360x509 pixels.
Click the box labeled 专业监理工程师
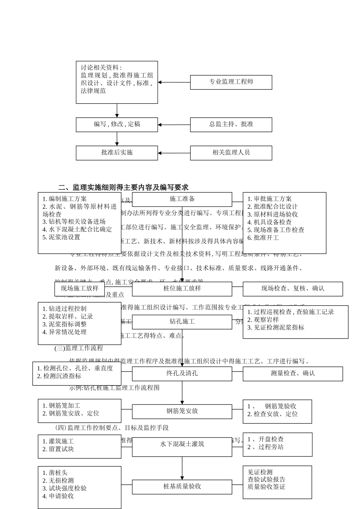tap(231, 82)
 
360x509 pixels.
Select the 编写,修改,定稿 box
tap(117, 125)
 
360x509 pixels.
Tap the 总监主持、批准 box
tap(231, 125)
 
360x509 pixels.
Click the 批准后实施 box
tap(117, 153)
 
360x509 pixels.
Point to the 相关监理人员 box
tap(231, 153)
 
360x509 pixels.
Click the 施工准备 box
tap(182, 199)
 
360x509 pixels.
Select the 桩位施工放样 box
tap(182, 289)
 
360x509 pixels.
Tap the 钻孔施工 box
tap(182, 322)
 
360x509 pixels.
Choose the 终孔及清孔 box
tap(182, 373)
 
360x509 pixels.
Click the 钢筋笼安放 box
tap(182, 411)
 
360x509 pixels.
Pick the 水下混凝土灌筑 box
tap(182, 445)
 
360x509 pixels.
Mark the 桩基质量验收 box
tap(182, 487)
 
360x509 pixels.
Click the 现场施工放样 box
tap(80, 289)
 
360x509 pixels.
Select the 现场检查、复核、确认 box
tap(293, 289)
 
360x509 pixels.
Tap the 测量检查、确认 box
tap(293, 373)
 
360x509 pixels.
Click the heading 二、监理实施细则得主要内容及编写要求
tap(123, 187)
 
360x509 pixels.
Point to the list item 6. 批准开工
tap(263, 238)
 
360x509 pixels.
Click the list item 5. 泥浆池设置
tap(61, 237)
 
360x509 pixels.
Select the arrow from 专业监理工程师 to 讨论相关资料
tap(174, 82)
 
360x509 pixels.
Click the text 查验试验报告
tap(266, 480)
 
